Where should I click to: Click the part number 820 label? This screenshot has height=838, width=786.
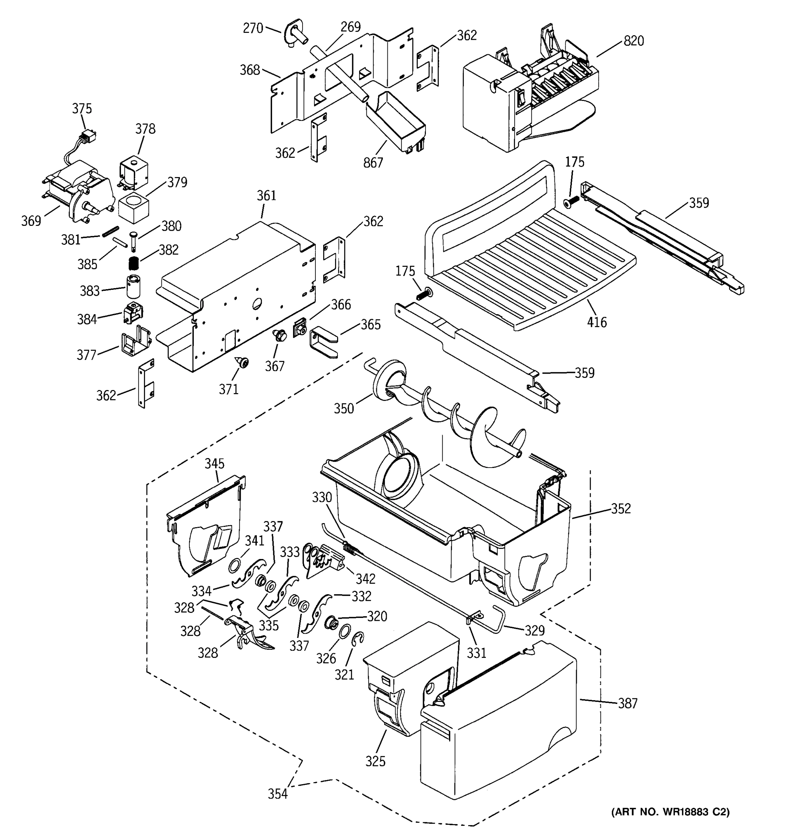pyautogui.click(x=633, y=41)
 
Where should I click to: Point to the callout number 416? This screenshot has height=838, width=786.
pyautogui.click(x=597, y=323)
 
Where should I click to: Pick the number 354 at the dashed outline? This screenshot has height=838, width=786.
pyautogui.click(x=277, y=794)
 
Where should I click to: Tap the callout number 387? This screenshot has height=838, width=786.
pyautogui.click(x=627, y=703)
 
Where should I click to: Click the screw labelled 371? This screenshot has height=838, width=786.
pyautogui.click(x=242, y=362)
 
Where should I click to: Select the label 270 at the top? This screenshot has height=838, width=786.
pyautogui.click(x=253, y=28)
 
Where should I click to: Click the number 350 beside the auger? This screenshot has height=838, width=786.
pyautogui.click(x=344, y=409)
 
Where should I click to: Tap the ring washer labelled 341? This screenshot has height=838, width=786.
pyautogui.click(x=235, y=566)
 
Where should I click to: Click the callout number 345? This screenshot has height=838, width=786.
pyautogui.click(x=214, y=464)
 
